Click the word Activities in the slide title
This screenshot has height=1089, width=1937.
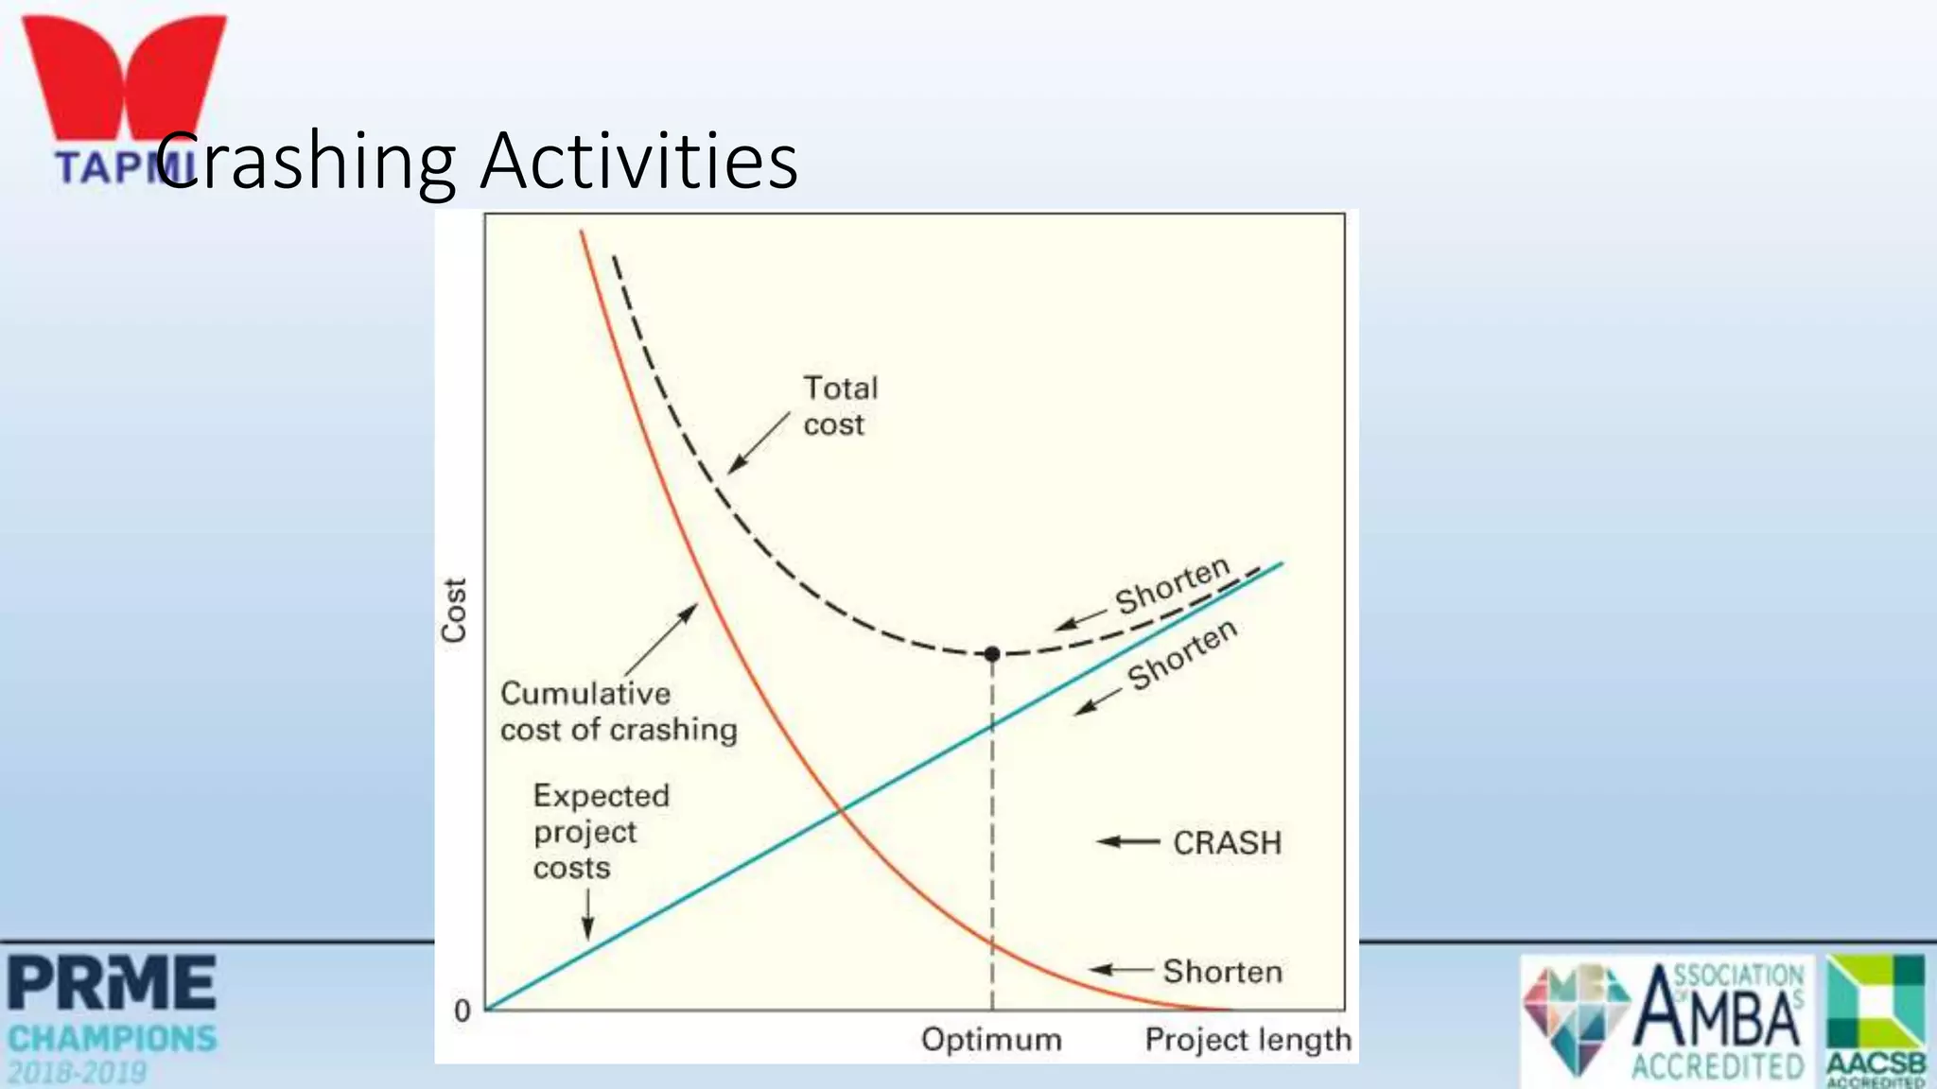639,161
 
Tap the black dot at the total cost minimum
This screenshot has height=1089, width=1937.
991,653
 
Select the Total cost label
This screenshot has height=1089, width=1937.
838,406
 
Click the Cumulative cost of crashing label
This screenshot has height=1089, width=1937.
618,712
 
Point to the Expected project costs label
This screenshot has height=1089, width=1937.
600,832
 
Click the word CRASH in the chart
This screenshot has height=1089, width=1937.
1227,842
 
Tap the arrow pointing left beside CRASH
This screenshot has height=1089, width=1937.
1127,841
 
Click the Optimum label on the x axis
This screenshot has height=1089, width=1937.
990,1039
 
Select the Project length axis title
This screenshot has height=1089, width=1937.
1247,1039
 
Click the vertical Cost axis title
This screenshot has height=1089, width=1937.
454,611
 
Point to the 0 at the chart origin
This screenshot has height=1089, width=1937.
462,1011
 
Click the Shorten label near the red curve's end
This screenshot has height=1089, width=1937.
1222,972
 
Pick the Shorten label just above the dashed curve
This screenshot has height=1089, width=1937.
1172,587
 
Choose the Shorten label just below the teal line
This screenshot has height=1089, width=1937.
1182,655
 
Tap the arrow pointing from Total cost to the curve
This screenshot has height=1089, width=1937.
758,442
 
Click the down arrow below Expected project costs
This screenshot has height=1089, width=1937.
587,914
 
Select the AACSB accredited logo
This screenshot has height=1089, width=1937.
1876,1020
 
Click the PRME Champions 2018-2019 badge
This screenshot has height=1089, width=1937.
112,1018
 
